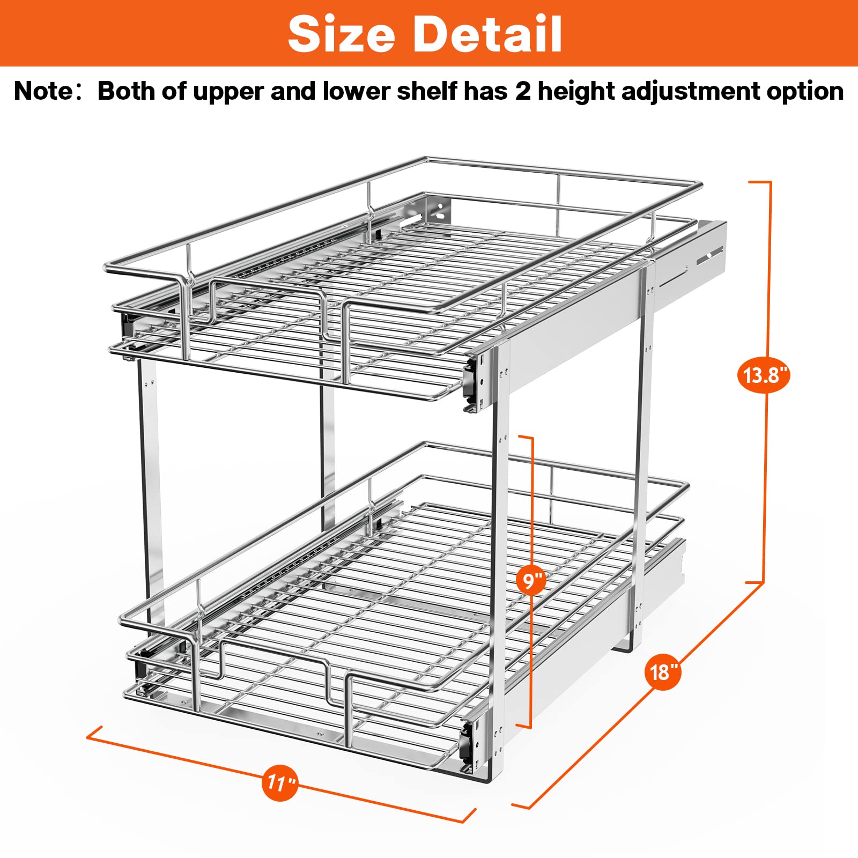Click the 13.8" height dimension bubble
tap(764, 375)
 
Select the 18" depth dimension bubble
tap(663, 671)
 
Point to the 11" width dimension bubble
tap(280, 783)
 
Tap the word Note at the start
tap(43, 91)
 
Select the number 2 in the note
tap(523, 91)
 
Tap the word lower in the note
tap(356, 91)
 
